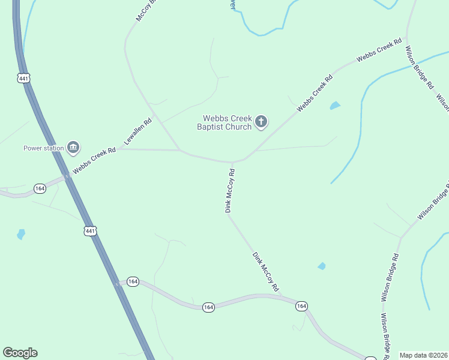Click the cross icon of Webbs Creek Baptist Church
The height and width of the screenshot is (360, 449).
point(261,122)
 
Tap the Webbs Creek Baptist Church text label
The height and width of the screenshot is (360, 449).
point(227,122)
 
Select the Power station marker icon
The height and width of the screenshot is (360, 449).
point(73,147)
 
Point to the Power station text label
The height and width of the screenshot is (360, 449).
point(43,148)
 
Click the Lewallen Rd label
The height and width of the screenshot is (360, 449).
point(137,131)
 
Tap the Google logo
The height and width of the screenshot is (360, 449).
point(20,353)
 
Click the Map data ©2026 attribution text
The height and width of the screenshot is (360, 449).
point(423,355)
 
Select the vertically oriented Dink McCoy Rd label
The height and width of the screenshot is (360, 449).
point(229,190)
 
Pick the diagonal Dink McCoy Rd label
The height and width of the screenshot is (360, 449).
point(265,272)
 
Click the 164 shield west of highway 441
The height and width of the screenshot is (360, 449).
point(40,188)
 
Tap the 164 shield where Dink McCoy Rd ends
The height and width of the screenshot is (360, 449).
point(301,306)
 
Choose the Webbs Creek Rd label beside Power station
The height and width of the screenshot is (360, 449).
point(94,161)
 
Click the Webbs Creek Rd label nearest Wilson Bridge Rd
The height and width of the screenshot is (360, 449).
point(379,50)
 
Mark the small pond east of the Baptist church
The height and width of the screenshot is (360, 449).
point(334,106)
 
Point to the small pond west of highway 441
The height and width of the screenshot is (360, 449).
point(21,234)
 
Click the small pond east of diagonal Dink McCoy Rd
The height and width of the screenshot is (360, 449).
point(322,266)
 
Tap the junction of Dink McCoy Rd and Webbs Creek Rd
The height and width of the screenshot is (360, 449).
point(232,162)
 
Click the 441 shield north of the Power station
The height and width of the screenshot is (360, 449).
point(23,78)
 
